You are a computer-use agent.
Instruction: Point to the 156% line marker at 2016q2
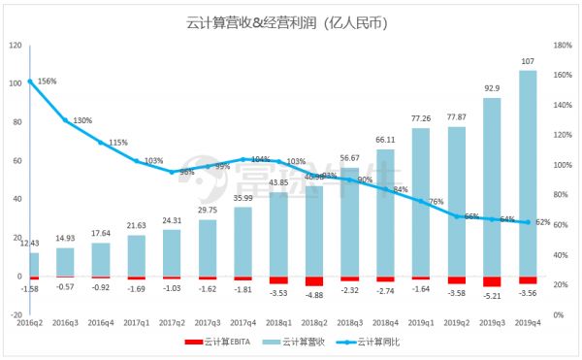(30, 82)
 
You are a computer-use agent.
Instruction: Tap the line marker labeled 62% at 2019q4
(528, 222)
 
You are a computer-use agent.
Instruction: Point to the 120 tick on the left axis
(15, 45)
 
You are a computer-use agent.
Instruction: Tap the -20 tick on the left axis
(15, 315)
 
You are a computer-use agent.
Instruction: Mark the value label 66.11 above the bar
(385, 140)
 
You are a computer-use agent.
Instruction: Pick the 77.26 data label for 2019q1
(421, 118)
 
